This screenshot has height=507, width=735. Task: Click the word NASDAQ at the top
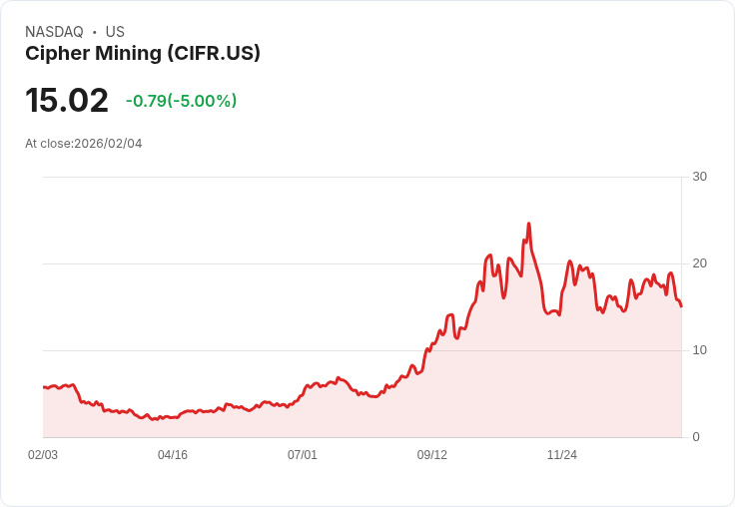pyautogui.click(x=54, y=32)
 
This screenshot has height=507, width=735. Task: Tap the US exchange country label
pyautogui.click(x=115, y=32)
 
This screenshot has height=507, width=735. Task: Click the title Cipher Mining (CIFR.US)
pyautogui.click(x=143, y=54)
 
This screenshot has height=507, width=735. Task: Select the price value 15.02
pyautogui.click(x=67, y=101)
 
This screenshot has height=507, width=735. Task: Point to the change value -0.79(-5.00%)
pyautogui.click(x=181, y=101)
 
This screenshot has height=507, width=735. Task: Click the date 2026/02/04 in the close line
pyautogui.click(x=108, y=144)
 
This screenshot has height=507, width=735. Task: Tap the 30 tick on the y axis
pyautogui.click(x=699, y=177)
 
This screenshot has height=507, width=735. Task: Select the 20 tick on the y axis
pyautogui.click(x=699, y=263)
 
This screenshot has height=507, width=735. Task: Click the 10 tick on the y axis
pyautogui.click(x=699, y=350)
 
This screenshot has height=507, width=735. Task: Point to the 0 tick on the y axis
pyautogui.click(x=696, y=437)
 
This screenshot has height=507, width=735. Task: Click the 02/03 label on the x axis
pyautogui.click(x=43, y=455)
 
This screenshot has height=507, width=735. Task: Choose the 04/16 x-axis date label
pyautogui.click(x=173, y=455)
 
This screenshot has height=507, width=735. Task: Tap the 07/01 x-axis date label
pyautogui.click(x=303, y=455)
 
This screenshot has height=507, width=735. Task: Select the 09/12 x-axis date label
pyautogui.click(x=432, y=455)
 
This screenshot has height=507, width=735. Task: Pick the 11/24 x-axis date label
pyautogui.click(x=562, y=455)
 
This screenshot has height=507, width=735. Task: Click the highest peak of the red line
pyautogui.click(x=528, y=224)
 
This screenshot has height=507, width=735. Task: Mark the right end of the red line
pyautogui.click(x=681, y=306)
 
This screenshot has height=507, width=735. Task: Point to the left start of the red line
pyautogui.click(x=44, y=386)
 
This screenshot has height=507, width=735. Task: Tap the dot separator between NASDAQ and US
pyautogui.click(x=95, y=32)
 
